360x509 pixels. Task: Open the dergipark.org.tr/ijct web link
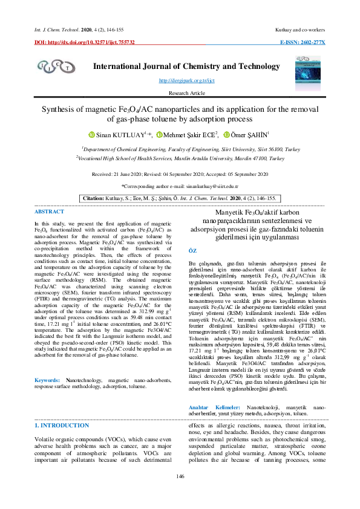click(178, 80)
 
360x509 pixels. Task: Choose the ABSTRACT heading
click(49, 212)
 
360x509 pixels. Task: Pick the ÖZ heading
click(193, 250)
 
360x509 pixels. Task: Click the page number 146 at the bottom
click(180, 494)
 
